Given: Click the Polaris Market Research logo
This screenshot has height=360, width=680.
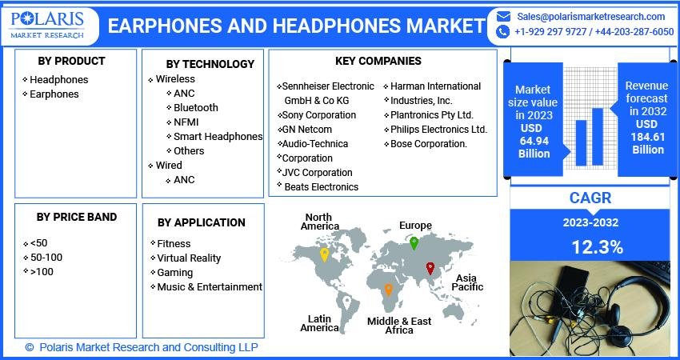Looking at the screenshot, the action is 48,25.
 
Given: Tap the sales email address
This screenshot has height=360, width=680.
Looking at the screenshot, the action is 590,17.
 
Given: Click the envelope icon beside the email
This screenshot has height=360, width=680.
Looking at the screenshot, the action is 503,17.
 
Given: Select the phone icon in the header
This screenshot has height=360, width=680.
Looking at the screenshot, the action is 502,32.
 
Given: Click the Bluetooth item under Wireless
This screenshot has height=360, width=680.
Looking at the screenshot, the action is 195,107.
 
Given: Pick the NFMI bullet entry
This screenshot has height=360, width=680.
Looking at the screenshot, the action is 186,122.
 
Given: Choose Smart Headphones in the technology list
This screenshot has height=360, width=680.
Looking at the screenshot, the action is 218,136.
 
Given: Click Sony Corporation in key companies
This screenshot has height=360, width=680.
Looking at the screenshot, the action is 318,115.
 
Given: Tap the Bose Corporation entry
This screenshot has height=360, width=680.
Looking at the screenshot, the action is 429,143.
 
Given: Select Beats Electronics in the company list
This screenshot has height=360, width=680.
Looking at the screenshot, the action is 322,187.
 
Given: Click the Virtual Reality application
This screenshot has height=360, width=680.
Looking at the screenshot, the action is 189,258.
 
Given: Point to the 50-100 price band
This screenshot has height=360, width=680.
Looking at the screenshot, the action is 46,258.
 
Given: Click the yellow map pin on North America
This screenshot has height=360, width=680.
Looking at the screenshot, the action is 324,254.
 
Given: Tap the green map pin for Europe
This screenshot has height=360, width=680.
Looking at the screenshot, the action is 414,243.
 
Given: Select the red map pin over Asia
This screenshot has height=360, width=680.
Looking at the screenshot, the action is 430,268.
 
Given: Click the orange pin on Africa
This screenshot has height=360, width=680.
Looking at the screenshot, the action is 388,290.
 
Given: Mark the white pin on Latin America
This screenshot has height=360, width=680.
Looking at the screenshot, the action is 346,302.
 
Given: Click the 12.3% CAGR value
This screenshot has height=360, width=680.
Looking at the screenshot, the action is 597,247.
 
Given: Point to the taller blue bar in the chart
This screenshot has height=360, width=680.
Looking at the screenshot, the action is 597,137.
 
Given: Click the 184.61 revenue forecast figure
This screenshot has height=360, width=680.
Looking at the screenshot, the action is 648,137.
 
